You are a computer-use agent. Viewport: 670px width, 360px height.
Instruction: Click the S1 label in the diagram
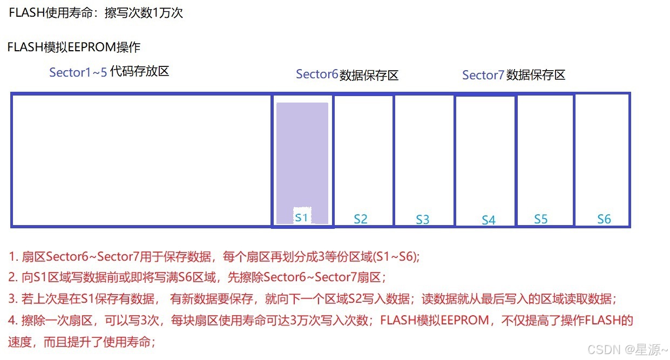(x=301, y=218)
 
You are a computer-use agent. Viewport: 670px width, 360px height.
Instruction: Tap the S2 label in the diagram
(x=361, y=219)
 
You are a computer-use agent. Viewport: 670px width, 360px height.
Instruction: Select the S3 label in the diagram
(x=423, y=220)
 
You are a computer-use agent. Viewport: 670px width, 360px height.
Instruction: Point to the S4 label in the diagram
(x=489, y=220)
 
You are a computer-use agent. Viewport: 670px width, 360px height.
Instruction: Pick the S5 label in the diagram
(x=541, y=219)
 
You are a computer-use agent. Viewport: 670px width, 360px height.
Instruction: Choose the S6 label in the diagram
(x=604, y=219)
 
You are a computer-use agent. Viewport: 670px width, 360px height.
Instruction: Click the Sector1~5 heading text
(x=78, y=72)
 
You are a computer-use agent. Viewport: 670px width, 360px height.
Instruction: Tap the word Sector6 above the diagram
(x=317, y=74)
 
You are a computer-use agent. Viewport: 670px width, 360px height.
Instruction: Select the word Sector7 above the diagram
(x=483, y=75)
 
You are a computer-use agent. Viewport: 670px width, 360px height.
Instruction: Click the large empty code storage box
(x=140, y=160)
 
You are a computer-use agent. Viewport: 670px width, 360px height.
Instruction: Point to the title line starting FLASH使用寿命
(x=96, y=13)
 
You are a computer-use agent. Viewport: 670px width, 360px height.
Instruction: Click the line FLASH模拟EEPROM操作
(x=74, y=47)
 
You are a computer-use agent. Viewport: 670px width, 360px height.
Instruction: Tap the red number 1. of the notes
(x=13, y=257)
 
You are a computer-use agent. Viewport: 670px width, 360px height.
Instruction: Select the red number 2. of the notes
(x=13, y=278)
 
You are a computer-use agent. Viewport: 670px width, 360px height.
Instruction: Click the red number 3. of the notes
(x=13, y=299)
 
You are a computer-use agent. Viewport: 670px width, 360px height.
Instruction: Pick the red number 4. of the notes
(x=13, y=320)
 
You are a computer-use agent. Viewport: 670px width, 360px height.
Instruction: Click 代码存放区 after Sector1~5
(x=139, y=71)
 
